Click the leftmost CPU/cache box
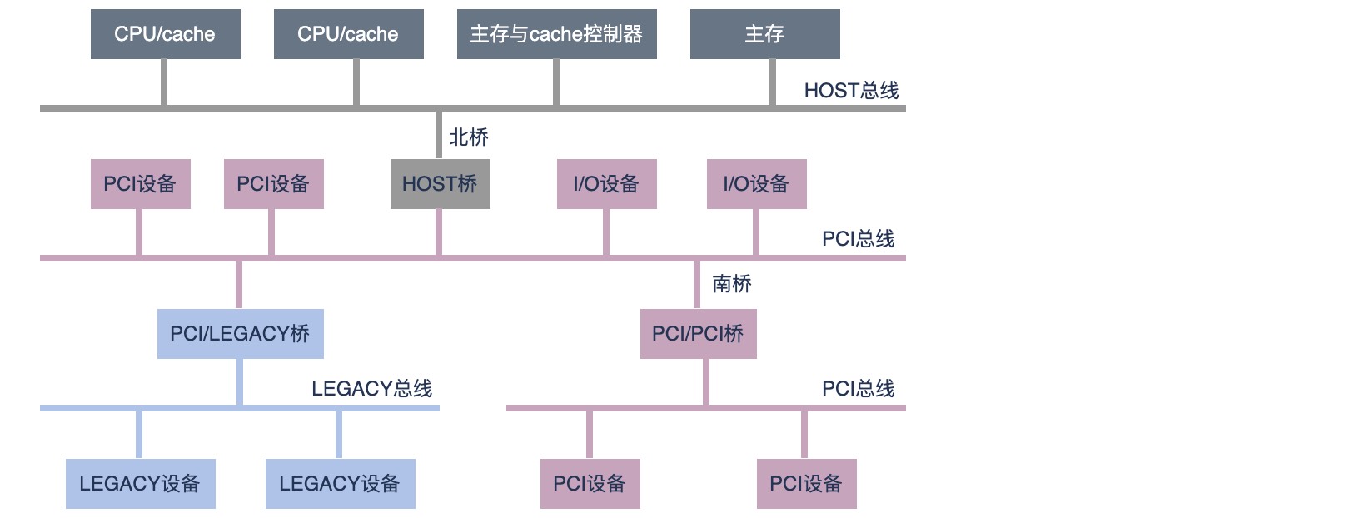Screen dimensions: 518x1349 [x=165, y=34]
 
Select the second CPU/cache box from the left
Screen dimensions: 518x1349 [x=348, y=34]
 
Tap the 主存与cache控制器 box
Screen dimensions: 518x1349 [x=556, y=34]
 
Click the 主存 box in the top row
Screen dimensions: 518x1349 [x=764, y=34]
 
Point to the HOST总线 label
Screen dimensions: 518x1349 [x=851, y=90]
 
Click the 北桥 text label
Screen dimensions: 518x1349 [x=469, y=137]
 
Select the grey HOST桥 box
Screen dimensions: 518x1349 [x=440, y=184]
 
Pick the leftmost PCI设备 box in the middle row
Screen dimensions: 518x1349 [x=140, y=184]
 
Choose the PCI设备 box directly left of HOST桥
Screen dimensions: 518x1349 [x=273, y=184]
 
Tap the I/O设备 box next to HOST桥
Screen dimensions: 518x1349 [x=606, y=184]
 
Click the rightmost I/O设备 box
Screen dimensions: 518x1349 [x=756, y=184]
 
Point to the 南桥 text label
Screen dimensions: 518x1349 [x=732, y=284]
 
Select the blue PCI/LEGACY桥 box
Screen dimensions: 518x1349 [x=240, y=334]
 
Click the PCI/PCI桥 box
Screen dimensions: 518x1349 [x=698, y=334]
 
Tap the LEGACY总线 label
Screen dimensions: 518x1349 [x=371, y=388]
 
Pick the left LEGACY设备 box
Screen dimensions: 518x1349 [x=140, y=484]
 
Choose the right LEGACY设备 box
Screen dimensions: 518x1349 [x=340, y=484]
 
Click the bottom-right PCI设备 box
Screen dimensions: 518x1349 [x=806, y=484]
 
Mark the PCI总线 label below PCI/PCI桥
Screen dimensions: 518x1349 [x=858, y=388]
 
